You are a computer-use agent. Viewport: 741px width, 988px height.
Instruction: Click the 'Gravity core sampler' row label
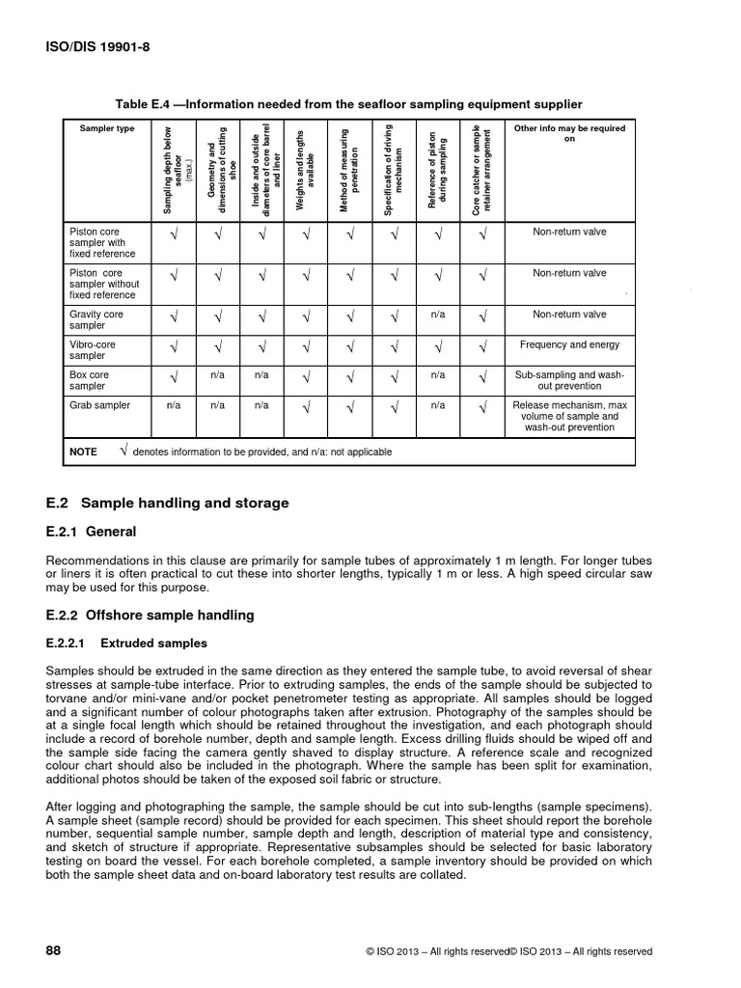pyautogui.click(x=96, y=320)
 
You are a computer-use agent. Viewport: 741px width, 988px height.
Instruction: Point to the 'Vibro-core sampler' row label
pyautogui.click(x=93, y=350)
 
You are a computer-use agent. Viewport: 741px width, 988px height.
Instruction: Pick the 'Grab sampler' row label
pyautogui.click(x=100, y=405)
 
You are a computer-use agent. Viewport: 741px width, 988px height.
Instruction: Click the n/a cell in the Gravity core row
pyautogui.click(x=437, y=315)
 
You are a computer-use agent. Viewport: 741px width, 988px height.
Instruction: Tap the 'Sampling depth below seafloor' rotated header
pyautogui.click(x=175, y=170)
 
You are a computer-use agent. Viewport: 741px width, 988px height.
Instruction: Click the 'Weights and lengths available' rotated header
pyautogui.click(x=306, y=170)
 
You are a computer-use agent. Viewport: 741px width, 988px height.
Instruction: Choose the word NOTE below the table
pyautogui.click(x=84, y=452)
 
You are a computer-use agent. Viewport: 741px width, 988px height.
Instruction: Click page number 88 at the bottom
pyautogui.click(x=54, y=950)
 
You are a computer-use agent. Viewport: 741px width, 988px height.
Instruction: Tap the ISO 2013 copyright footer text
pyautogui.click(x=509, y=951)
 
